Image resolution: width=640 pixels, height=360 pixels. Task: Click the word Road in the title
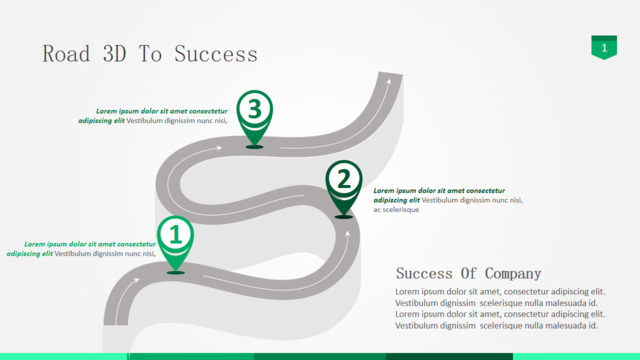pos(66,54)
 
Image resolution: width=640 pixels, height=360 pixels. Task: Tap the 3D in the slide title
pos(115,54)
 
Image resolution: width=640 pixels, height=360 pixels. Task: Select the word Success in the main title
pos(216,54)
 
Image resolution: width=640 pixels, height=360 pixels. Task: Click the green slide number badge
pos(604,47)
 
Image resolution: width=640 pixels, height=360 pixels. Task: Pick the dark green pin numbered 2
pos(344,187)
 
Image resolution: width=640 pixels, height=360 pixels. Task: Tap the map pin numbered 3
pos(255,117)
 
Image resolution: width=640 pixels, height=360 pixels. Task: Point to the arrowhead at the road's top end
pos(389,82)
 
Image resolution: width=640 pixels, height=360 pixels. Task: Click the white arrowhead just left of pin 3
pos(219,148)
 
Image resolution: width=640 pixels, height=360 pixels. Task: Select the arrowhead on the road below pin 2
pos(348,234)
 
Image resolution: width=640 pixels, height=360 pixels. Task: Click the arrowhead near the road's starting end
pos(136,280)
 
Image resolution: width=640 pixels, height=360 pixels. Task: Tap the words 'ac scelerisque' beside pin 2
pos(396,210)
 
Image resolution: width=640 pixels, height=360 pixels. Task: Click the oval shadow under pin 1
pos(176,272)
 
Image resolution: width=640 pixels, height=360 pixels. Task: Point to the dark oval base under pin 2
pos(344,217)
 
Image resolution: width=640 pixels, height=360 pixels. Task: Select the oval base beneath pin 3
pos(255,147)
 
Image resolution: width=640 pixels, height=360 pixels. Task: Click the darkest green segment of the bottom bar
pos(449,357)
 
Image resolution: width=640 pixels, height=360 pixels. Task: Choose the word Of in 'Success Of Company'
pos(469,273)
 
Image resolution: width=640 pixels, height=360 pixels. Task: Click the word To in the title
pos(151,54)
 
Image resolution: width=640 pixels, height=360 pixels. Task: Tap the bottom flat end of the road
pos(116,325)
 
